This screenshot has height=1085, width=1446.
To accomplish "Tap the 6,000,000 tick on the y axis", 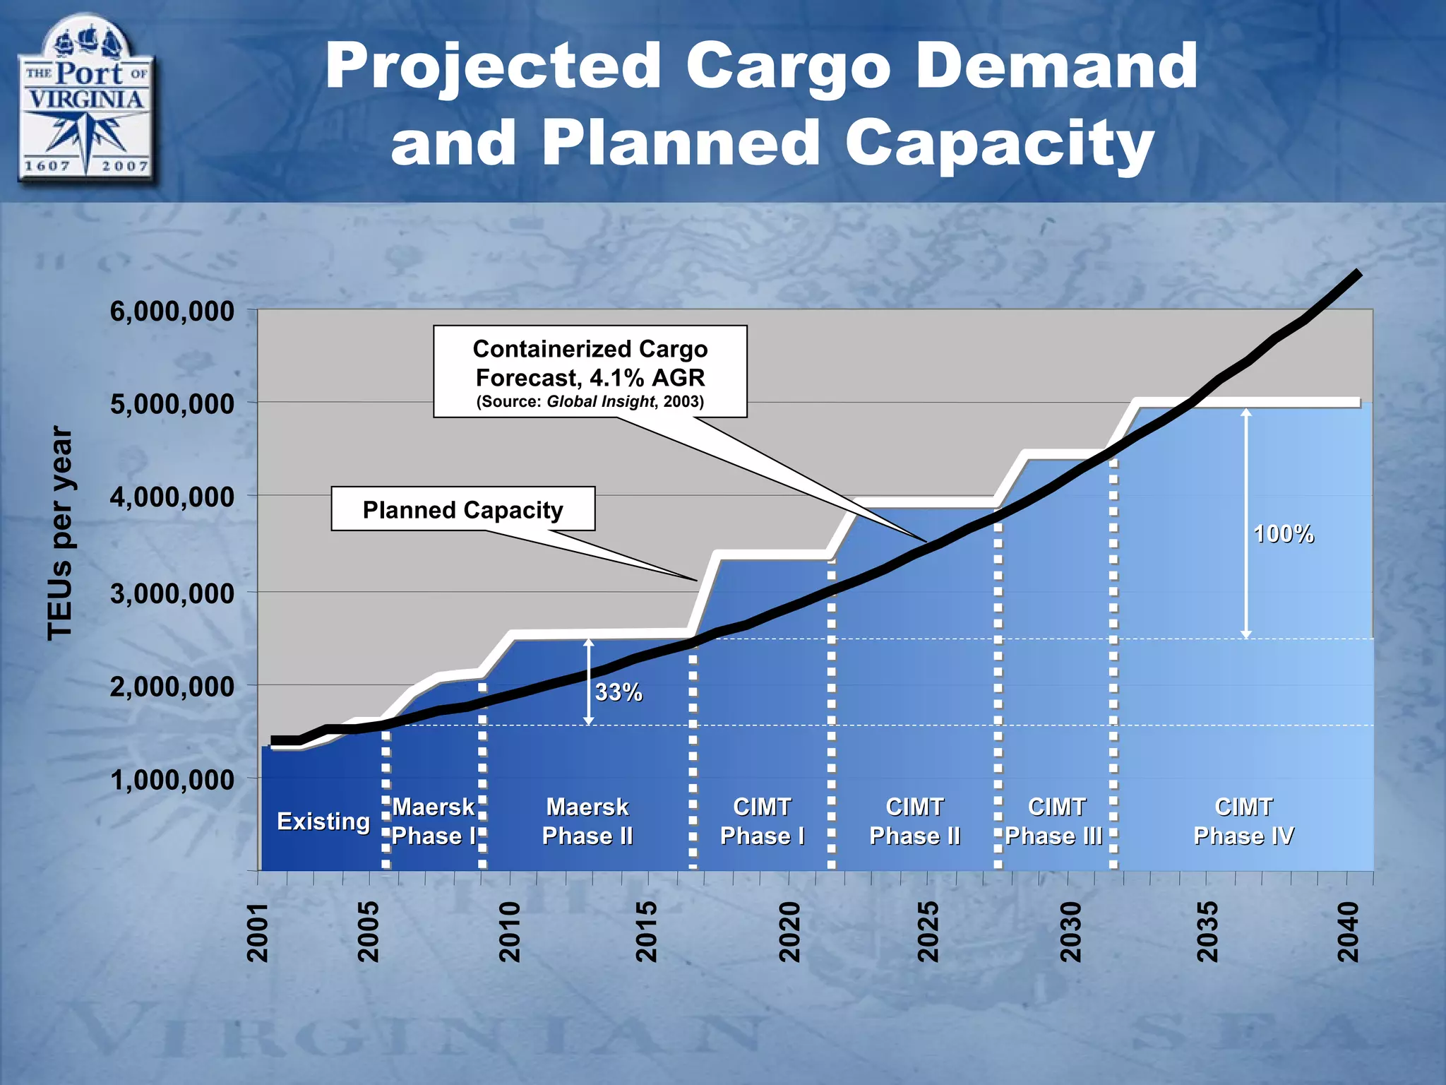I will [x=172, y=312].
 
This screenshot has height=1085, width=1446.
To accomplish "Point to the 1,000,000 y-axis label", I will [x=172, y=780].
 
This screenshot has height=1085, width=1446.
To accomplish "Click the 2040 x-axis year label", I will [x=1349, y=932].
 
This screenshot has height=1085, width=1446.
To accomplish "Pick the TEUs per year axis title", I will [x=60, y=533].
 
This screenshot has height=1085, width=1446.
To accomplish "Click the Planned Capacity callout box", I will [x=462, y=509].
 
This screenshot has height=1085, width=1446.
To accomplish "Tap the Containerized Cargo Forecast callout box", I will [x=590, y=372].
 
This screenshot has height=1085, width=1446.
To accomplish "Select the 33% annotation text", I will [x=619, y=692].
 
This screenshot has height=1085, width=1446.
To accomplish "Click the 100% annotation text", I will [x=1283, y=534].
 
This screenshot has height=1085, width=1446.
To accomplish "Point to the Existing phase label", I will [x=323, y=822].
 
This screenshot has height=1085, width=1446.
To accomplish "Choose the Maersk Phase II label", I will [x=587, y=822].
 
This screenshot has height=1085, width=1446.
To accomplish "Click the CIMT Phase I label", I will [x=762, y=822].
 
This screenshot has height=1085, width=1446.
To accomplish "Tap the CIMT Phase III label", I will [x=1055, y=822].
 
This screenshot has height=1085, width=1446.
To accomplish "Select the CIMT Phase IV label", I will [x=1243, y=822].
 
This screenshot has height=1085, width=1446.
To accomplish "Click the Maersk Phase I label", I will [x=434, y=822].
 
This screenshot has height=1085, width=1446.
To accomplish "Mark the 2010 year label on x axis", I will [x=509, y=932].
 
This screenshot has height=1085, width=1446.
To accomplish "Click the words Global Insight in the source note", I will [x=601, y=402].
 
